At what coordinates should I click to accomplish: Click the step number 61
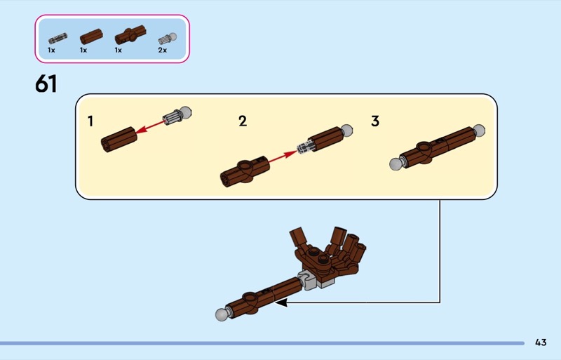tap(46, 84)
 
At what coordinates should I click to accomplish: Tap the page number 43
tap(541, 342)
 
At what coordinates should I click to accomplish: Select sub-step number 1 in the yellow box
tap(90, 121)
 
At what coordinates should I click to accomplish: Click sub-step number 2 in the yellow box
tap(243, 121)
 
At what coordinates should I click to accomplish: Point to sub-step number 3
tap(375, 121)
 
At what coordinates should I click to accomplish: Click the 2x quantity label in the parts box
tap(163, 50)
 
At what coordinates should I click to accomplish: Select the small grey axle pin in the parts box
tap(58, 38)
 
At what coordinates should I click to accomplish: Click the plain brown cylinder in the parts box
tap(91, 36)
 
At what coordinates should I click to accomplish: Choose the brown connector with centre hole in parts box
tap(130, 35)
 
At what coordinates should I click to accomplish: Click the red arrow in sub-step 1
tap(150, 127)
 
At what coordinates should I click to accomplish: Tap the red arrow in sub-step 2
tap(283, 156)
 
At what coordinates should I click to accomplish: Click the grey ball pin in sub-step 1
tap(177, 115)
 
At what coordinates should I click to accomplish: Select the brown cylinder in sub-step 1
tap(119, 140)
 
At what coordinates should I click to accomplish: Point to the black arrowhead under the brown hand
tap(281, 303)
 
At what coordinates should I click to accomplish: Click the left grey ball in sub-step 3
tap(396, 164)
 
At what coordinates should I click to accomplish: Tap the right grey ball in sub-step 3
tap(479, 131)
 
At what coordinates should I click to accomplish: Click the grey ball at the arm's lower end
tap(222, 314)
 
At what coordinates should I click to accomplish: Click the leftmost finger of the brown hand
tap(297, 237)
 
